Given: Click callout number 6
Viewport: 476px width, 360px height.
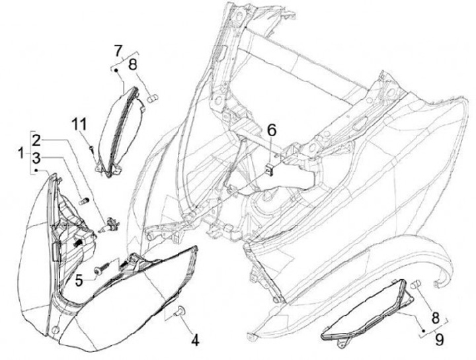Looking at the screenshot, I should coord(270,130).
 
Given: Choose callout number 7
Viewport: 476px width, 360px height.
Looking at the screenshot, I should coord(118,50).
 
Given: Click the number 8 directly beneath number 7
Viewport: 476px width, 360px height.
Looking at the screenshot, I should coord(132,65).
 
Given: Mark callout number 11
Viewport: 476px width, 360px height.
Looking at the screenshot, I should coord(79,123).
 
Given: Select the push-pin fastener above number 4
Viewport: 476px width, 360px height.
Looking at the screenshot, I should coord(178,311).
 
